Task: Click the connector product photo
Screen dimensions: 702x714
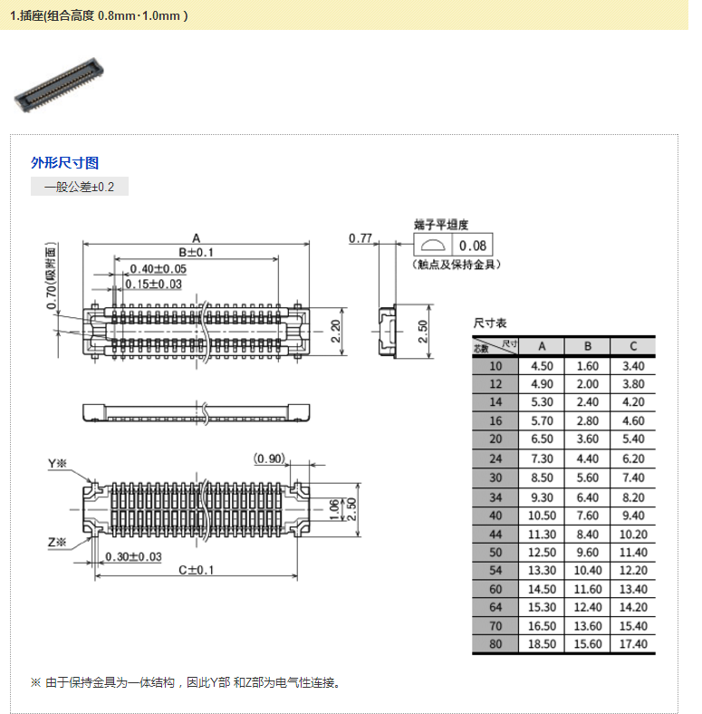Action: click(59, 84)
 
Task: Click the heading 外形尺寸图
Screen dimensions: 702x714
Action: click(64, 162)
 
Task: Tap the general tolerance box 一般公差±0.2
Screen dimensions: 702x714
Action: click(79, 187)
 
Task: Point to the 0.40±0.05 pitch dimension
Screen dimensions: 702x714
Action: click(158, 269)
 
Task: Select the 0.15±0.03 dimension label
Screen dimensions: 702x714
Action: click(153, 285)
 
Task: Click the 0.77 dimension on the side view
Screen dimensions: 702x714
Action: click(361, 238)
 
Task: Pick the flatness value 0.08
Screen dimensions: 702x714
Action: click(473, 246)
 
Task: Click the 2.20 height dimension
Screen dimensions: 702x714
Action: click(335, 331)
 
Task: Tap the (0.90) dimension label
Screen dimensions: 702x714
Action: click(270, 458)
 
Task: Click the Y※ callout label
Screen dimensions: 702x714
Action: click(57, 464)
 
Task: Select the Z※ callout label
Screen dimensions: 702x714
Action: click(57, 543)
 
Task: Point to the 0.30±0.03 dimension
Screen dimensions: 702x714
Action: click(133, 557)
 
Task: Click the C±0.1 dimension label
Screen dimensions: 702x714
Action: click(196, 570)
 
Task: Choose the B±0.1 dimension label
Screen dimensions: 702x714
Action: click(196, 252)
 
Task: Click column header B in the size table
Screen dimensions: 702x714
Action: click(587, 346)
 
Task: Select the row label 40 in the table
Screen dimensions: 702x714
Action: click(495, 516)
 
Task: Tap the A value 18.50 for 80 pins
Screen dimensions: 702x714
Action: click(542, 644)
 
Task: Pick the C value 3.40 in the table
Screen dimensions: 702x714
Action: click(633, 366)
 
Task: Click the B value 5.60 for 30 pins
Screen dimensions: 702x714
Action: click(587, 478)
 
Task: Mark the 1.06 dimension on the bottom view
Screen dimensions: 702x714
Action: click(334, 509)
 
